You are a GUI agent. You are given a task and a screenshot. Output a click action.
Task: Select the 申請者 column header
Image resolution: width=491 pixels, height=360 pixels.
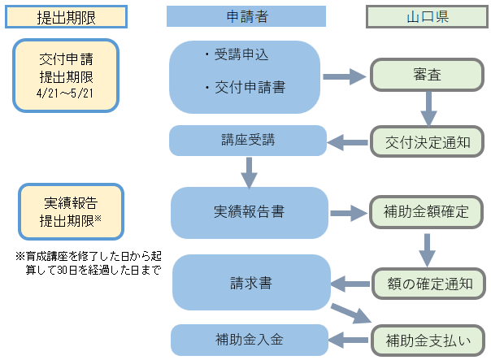pos(245,16)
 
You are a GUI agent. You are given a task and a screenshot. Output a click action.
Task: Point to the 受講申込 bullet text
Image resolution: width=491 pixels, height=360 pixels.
pos(240,55)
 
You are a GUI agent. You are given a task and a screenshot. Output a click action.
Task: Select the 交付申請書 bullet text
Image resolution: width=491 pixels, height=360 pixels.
pos(248,87)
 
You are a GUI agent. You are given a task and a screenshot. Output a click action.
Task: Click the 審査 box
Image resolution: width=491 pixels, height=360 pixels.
pos(427,75)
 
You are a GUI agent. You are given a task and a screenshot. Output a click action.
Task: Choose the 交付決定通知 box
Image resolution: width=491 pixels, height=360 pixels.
pos(427,141)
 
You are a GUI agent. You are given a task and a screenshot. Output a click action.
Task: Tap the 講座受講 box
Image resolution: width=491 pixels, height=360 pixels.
pos(247,140)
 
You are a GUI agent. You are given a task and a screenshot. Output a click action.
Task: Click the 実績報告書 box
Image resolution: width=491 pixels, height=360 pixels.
pos(247,212)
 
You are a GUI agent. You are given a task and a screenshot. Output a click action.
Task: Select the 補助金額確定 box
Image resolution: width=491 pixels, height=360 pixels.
pos(427,212)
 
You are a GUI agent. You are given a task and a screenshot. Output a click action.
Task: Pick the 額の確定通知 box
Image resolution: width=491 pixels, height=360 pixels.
pos(427,284)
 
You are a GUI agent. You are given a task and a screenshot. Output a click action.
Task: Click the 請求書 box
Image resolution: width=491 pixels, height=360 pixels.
pos(247,284)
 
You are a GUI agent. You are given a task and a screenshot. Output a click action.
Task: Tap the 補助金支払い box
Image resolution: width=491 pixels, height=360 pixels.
pos(427,337)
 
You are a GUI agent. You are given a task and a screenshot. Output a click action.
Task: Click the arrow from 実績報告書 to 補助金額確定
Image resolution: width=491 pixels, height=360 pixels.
pos(348,213)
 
